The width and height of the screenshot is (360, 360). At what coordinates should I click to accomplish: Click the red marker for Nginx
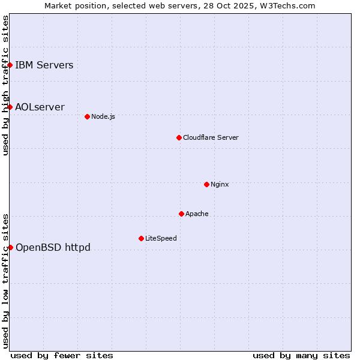click(x=206, y=184)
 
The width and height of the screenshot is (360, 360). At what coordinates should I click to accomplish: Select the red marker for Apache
click(x=181, y=214)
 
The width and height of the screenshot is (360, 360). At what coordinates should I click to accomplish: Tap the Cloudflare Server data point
click(x=179, y=137)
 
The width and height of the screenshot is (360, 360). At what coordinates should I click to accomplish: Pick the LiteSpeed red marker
click(x=141, y=238)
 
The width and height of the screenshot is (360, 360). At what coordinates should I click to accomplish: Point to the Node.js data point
click(x=87, y=116)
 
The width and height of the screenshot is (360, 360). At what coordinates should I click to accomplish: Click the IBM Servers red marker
click(x=10, y=65)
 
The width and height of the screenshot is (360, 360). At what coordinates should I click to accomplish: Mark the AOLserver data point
click(x=10, y=107)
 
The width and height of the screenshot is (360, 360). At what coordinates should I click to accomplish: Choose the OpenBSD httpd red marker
click(x=10, y=247)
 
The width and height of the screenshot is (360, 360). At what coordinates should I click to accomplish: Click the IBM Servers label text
click(x=44, y=65)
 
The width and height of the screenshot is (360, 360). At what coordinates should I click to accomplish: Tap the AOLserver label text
click(x=40, y=107)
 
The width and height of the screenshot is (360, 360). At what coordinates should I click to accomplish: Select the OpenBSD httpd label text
click(x=53, y=247)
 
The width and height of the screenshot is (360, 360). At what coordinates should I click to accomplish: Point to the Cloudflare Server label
click(x=211, y=137)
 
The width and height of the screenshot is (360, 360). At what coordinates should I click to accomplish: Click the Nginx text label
click(x=220, y=184)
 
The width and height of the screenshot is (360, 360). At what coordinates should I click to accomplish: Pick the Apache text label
click(x=197, y=214)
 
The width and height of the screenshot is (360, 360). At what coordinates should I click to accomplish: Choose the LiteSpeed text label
click(x=161, y=238)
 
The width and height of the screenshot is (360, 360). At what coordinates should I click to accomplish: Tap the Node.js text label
click(x=103, y=116)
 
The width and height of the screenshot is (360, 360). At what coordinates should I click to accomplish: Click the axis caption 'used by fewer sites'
click(x=62, y=355)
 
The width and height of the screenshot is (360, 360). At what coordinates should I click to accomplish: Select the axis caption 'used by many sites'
click(x=301, y=355)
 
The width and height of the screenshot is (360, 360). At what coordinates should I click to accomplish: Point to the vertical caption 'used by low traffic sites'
click(x=5, y=280)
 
